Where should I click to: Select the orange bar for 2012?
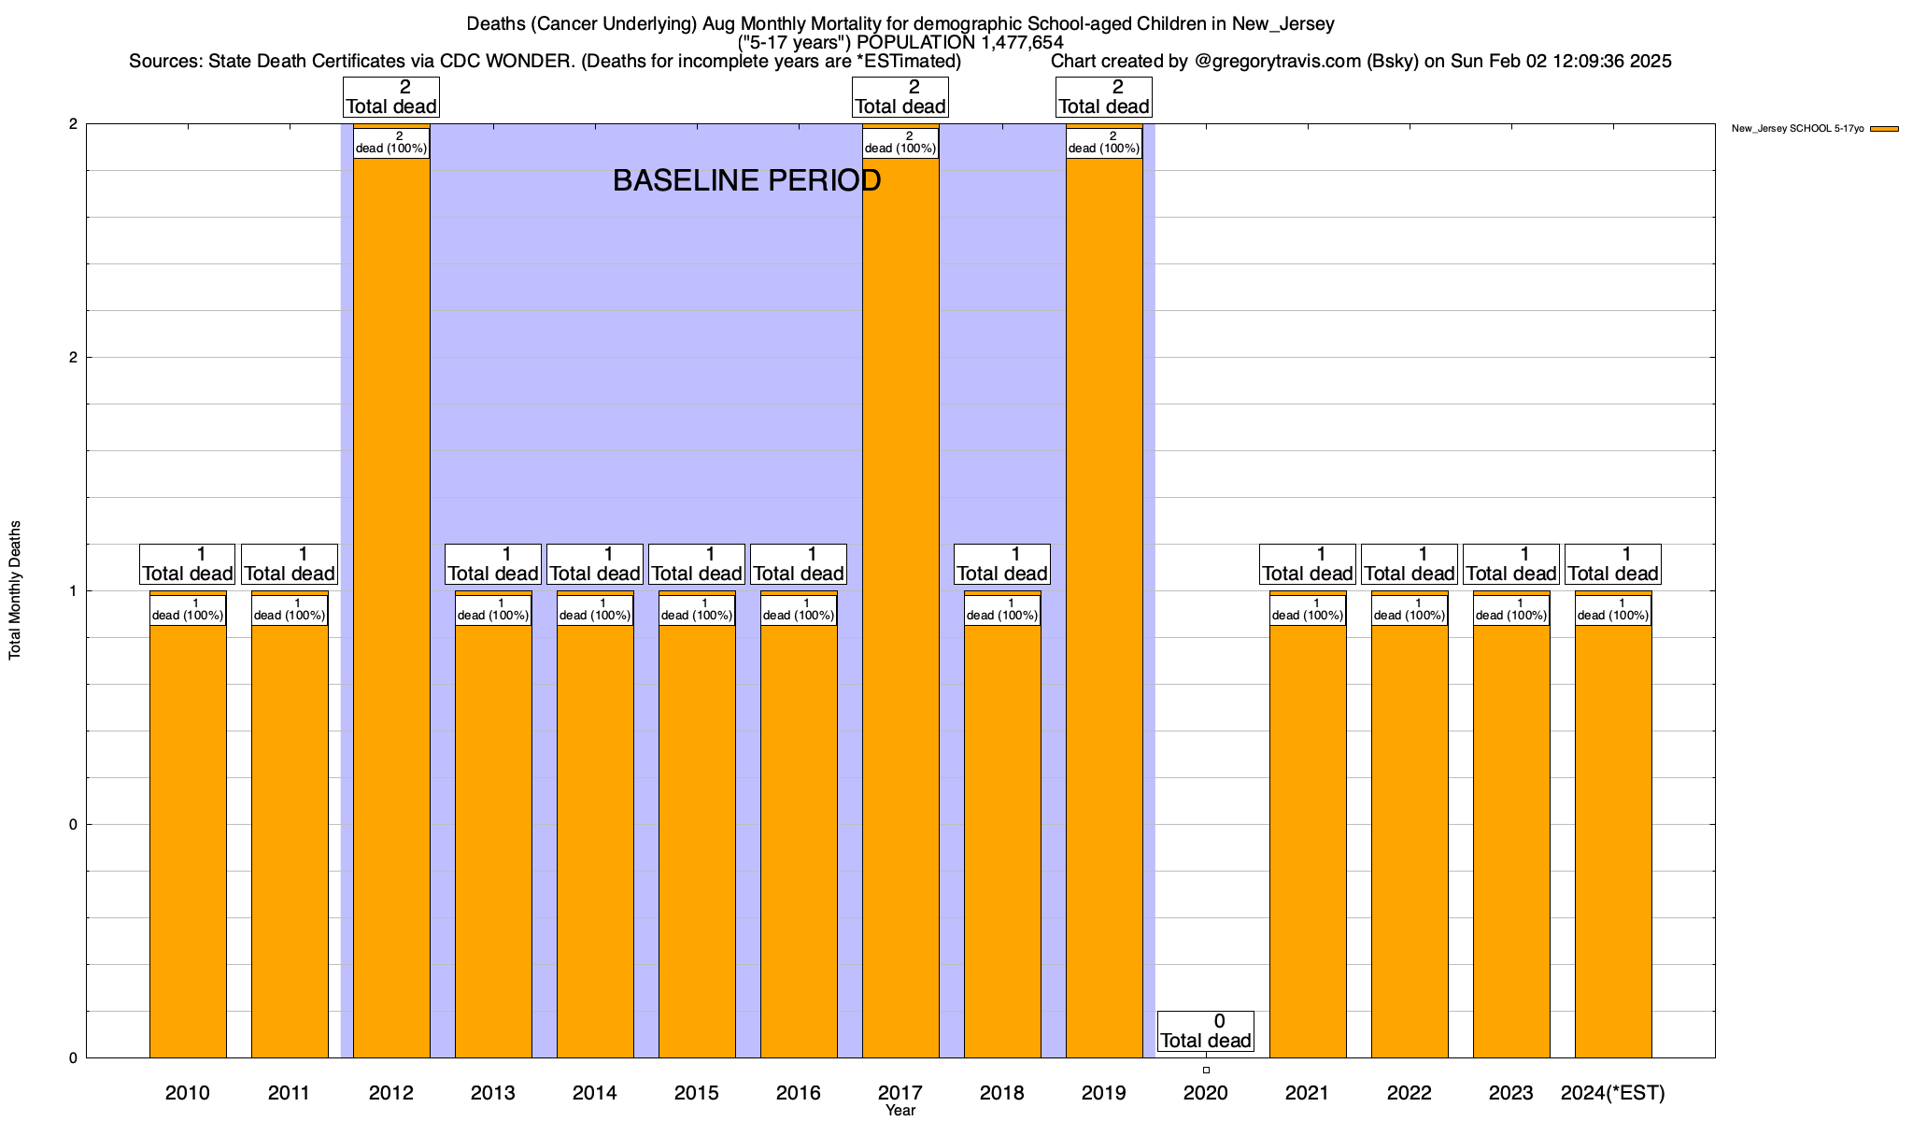(391, 607)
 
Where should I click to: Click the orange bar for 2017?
(900, 607)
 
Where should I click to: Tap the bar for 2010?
(188, 841)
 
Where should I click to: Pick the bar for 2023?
(1511, 841)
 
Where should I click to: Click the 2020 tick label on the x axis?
(1206, 1092)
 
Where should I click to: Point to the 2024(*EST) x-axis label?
(1613, 1092)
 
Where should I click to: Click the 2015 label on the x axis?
(697, 1092)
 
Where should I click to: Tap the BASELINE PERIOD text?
(746, 180)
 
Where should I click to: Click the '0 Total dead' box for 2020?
(1206, 1031)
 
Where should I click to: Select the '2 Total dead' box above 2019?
(1104, 97)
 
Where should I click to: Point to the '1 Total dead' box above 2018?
(1002, 564)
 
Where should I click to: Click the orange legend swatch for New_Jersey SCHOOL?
(1884, 129)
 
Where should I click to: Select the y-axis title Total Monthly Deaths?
(15, 590)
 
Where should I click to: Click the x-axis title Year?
(900, 1111)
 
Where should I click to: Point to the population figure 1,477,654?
(1022, 42)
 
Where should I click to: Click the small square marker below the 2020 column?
(1206, 1070)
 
